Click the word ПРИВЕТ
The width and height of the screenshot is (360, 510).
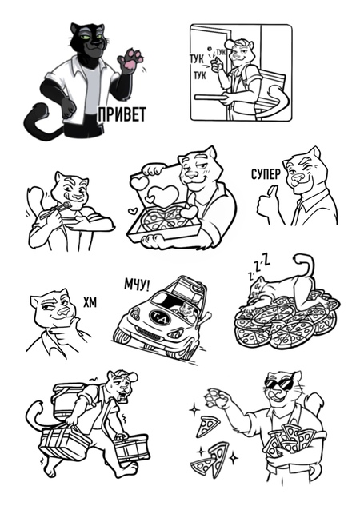[x=122, y=114]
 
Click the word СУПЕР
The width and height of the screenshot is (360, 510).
[x=266, y=174]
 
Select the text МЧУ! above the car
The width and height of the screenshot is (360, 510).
[x=137, y=285]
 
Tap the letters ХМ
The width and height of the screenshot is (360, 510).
[x=90, y=303]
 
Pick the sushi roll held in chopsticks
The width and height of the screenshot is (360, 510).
[x=67, y=205]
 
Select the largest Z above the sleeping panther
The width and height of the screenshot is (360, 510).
[x=266, y=261]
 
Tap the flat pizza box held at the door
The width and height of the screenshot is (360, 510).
[x=210, y=97]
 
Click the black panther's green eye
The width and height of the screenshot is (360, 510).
[x=86, y=38]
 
